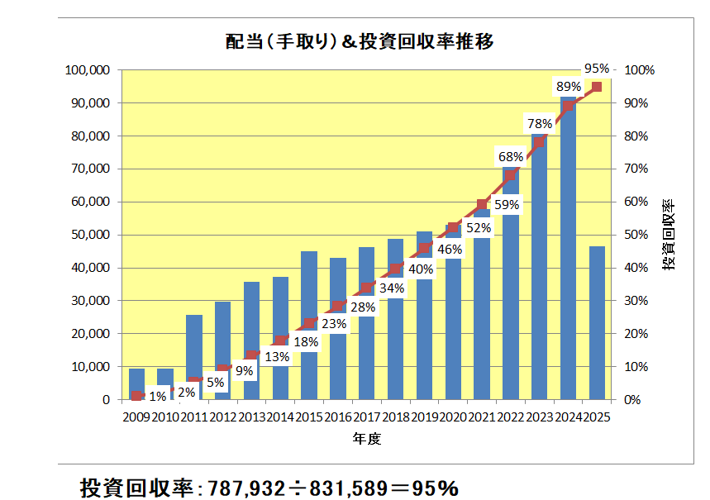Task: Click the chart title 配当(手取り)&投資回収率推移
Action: click(360, 42)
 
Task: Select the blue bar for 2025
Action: click(596, 322)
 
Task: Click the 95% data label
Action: click(596, 69)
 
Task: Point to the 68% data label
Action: click(510, 156)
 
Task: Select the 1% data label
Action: click(158, 397)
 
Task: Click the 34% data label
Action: click(392, 288)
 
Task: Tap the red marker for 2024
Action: click(568, 106)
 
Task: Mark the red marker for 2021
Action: click(482, 204)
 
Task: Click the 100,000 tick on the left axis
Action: click(86, 70)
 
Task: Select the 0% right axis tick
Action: click(632, 399)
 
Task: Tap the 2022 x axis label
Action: click(510, 417)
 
